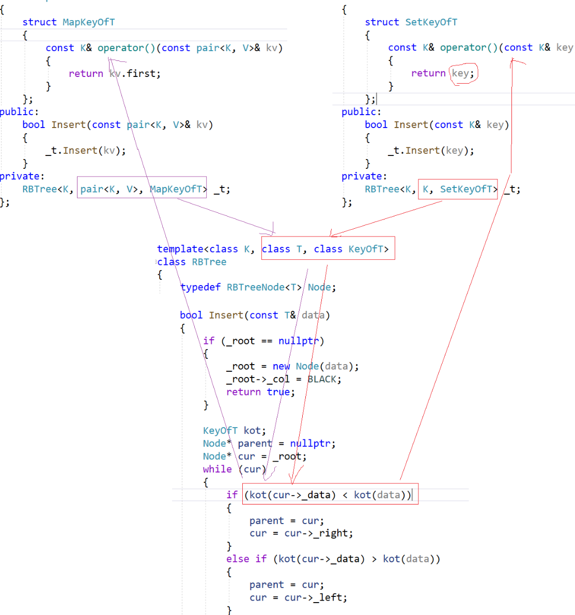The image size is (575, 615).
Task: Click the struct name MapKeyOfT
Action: tap(88, 22)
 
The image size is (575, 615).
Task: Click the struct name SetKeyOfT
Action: tap(431, 22)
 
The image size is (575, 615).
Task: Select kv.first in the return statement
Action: tap(135, 74)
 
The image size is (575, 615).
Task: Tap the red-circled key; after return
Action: tap(463, 73)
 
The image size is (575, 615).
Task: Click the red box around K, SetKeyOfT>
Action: tap(458, 189)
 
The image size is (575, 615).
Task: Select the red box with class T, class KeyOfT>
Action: tap(328, 248)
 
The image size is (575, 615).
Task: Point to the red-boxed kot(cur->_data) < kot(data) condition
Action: tap(330, 494)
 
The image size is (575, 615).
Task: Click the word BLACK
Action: tap(324, 379)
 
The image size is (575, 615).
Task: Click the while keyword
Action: tap(217, 469)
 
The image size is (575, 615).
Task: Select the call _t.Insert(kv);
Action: tap(85, 150)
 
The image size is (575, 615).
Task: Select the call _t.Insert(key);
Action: tap(430, 150)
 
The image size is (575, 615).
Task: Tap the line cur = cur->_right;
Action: tap(301, 533)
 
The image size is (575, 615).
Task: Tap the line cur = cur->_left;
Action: tap(298, 597)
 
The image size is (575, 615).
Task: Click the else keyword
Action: tap(238, 559)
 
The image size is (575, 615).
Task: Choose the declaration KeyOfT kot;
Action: tap(234, 431)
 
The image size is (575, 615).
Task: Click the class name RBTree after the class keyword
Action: tap(209, 262)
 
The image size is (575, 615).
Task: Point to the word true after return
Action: tap(278, 392)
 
